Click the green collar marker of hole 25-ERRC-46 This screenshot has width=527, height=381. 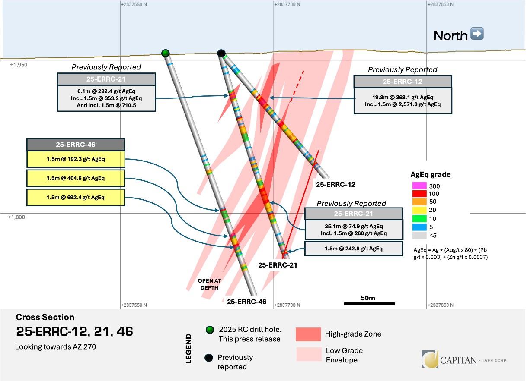165,53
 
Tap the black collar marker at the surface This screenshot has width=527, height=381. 221,53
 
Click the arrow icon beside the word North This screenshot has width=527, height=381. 476,34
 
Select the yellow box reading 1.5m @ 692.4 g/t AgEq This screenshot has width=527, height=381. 76,197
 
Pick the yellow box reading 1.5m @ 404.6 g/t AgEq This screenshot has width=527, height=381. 76,178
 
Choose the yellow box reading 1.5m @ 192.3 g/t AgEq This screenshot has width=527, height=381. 76,159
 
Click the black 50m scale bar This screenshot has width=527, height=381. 369,304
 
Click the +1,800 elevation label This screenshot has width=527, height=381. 16,217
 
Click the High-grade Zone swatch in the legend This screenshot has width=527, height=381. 308,334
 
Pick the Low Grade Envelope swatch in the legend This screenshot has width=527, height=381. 308,354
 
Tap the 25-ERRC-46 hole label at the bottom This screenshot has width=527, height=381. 246,302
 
